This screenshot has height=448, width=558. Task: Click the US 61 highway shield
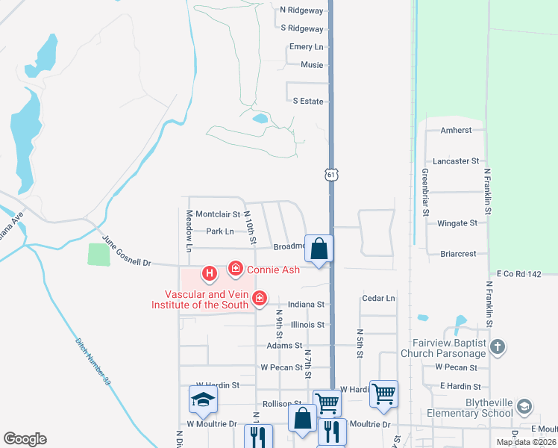(332, 174)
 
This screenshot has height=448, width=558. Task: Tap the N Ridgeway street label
(302, 10)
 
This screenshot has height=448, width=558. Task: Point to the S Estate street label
(308, 101)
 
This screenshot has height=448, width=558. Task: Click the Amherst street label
(457, 130)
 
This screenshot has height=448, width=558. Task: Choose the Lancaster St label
(456, 161)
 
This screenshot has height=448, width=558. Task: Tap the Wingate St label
(457, 223)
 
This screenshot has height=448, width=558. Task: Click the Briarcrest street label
(458, 254)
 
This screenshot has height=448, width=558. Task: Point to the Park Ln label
(221, 231)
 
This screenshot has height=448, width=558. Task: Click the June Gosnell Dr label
(126, 252)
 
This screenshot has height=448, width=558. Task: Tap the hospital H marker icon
(210, 274)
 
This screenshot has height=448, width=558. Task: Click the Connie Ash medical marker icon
(236, 268)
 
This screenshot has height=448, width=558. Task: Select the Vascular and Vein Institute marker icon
(260, 299)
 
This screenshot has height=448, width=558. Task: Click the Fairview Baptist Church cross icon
(499, 346)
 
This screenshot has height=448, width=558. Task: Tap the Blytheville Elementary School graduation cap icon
(524, 406)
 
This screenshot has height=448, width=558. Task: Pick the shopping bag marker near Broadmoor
(319, 249)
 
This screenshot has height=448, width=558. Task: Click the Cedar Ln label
(377, 299)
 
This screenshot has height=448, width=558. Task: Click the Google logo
(25, 439)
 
